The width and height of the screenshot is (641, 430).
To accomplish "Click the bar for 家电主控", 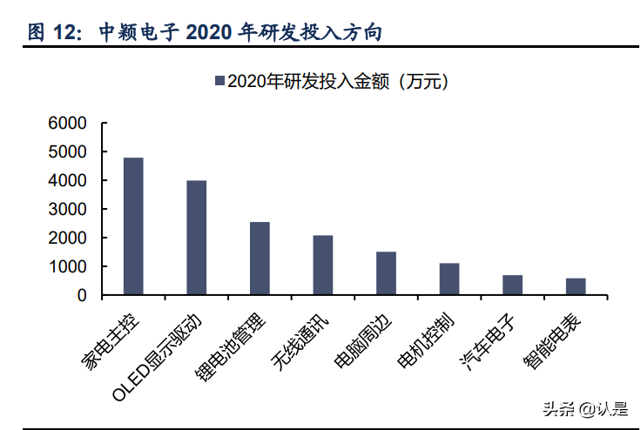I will [x=133, y=226].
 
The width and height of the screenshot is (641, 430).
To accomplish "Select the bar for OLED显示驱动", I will [x=197, y=238].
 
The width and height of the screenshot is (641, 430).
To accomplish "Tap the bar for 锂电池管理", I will [x=260, y=259].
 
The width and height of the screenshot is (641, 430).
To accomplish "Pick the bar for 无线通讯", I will [x=323, y=265].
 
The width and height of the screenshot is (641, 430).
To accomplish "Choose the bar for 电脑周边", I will [x=386, y=273].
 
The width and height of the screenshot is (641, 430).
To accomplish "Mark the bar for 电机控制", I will [x=449, y=279].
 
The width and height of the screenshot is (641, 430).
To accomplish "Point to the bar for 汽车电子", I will [x=513, y=285].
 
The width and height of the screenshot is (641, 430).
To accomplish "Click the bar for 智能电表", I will [x=576, y=286].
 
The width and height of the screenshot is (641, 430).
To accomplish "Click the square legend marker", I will [x=219, y=82].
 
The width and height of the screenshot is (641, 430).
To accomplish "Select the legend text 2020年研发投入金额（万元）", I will [x=337, y=82].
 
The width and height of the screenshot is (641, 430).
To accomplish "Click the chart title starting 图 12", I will [x=205, y=33].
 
